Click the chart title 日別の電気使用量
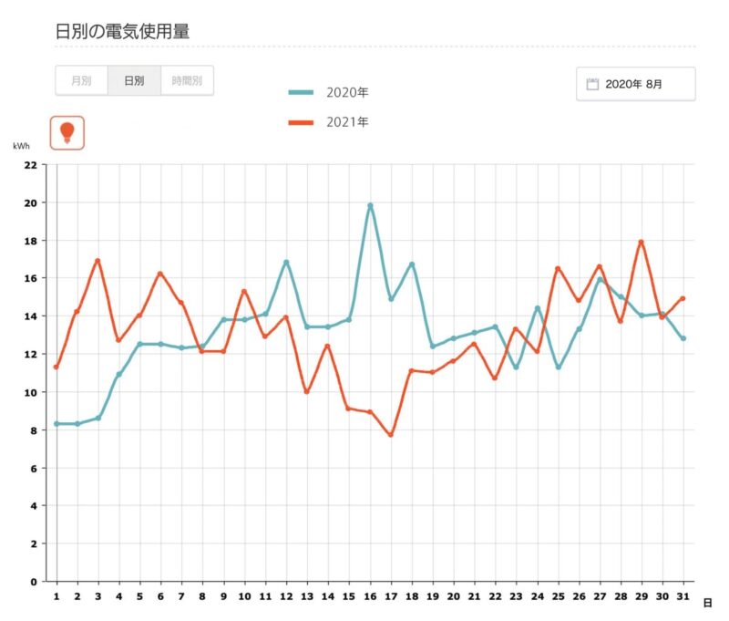[x=122, y=31]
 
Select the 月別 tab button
[x=81, y=80]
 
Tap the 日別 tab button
[x=134, y=80]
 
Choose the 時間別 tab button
[x=187, y=80]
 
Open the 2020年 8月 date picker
[x=635, y=84]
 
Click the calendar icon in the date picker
[x=592, y=84]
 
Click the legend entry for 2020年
[x=328, y=92]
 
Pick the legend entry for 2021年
[x=328, y=121]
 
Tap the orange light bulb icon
[x=67, y=132]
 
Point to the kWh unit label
[x=21, y=146]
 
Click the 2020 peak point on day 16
[x=370, y=205]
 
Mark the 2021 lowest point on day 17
[x=390, y=435]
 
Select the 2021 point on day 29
[x=642, y=242]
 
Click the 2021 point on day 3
[x=98, y=261]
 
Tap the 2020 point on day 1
[x=56, y=424]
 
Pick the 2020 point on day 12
[x=286, y=262]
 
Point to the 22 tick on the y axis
[x=31, y=165]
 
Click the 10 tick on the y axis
[x=31, y=392]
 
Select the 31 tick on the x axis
[x=683, y=596]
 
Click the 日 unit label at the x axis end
[x=707, y=603]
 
